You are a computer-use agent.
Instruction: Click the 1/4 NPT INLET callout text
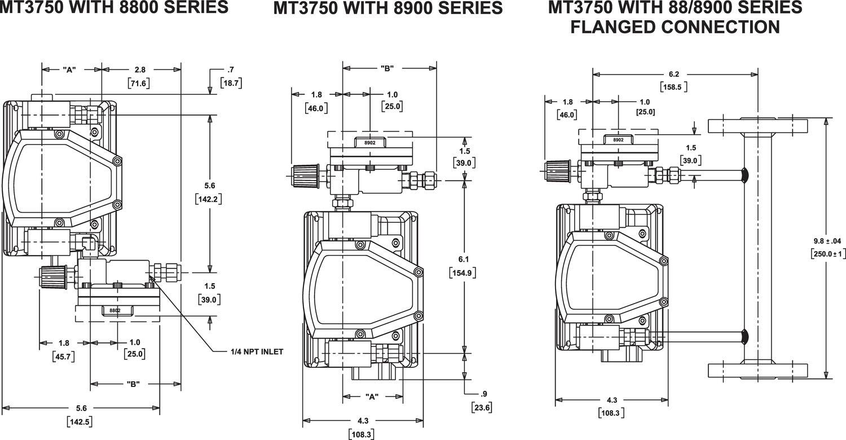(x=257, y=351)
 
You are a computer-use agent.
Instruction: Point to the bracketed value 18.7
(x=231, y=83)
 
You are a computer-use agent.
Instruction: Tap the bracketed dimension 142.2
(x=209, y=199)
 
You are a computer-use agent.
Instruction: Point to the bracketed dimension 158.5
(x=673, y=87)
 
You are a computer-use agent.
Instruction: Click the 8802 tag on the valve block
(x=115, y=311)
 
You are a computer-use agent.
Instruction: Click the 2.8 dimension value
(x=140, y=69)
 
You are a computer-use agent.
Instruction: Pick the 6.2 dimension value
(x=673, y=73)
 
